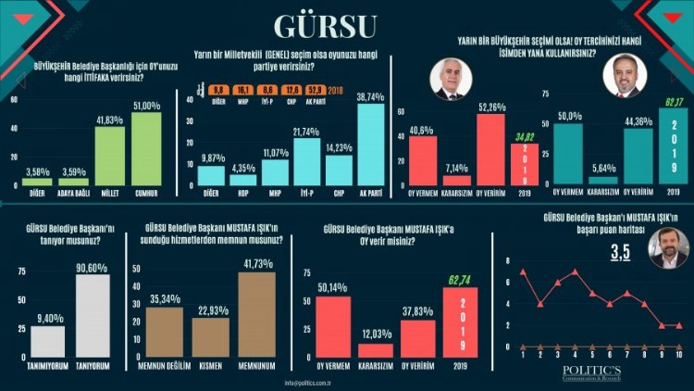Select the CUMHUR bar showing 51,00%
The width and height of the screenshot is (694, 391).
146,147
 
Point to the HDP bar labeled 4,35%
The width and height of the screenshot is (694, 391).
242,179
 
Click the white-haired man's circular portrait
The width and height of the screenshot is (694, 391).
451,82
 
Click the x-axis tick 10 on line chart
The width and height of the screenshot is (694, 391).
678,355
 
